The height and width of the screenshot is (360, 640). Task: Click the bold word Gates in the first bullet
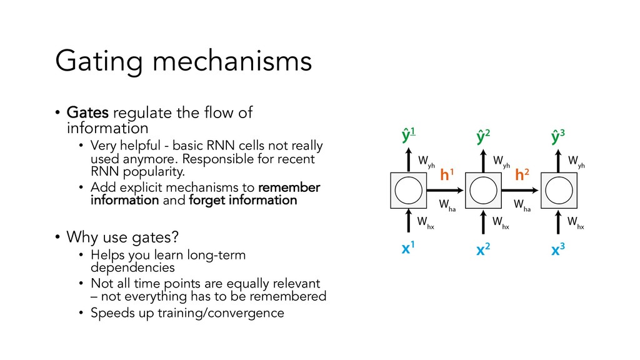click(x=87, y=113)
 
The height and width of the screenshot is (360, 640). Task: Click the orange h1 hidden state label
click(x=446, y=176)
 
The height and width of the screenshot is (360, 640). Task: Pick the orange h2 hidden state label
click(x=522, y=176)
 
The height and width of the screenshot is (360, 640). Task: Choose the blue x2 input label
click(x=482, y=251)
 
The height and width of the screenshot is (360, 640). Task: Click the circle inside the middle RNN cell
click(x=483, y=189)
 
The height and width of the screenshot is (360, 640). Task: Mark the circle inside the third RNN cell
click(x=558, y=189)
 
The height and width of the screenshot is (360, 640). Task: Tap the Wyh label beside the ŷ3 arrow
click(x=576, y=162)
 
